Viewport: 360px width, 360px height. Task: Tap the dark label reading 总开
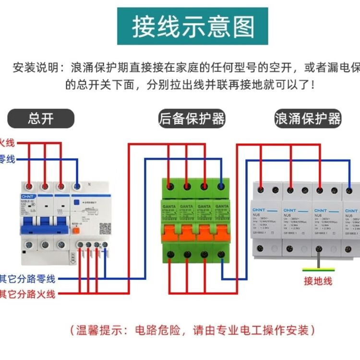pos(41,119)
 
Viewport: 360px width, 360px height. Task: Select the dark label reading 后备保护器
pos(192,119)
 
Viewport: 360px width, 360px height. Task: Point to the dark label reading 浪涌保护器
pos(308,119)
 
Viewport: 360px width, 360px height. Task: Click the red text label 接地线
pos(318,281)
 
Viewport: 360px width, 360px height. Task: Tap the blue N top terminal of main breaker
pos(76,185)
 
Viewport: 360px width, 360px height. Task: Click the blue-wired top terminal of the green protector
pos(220,185)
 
